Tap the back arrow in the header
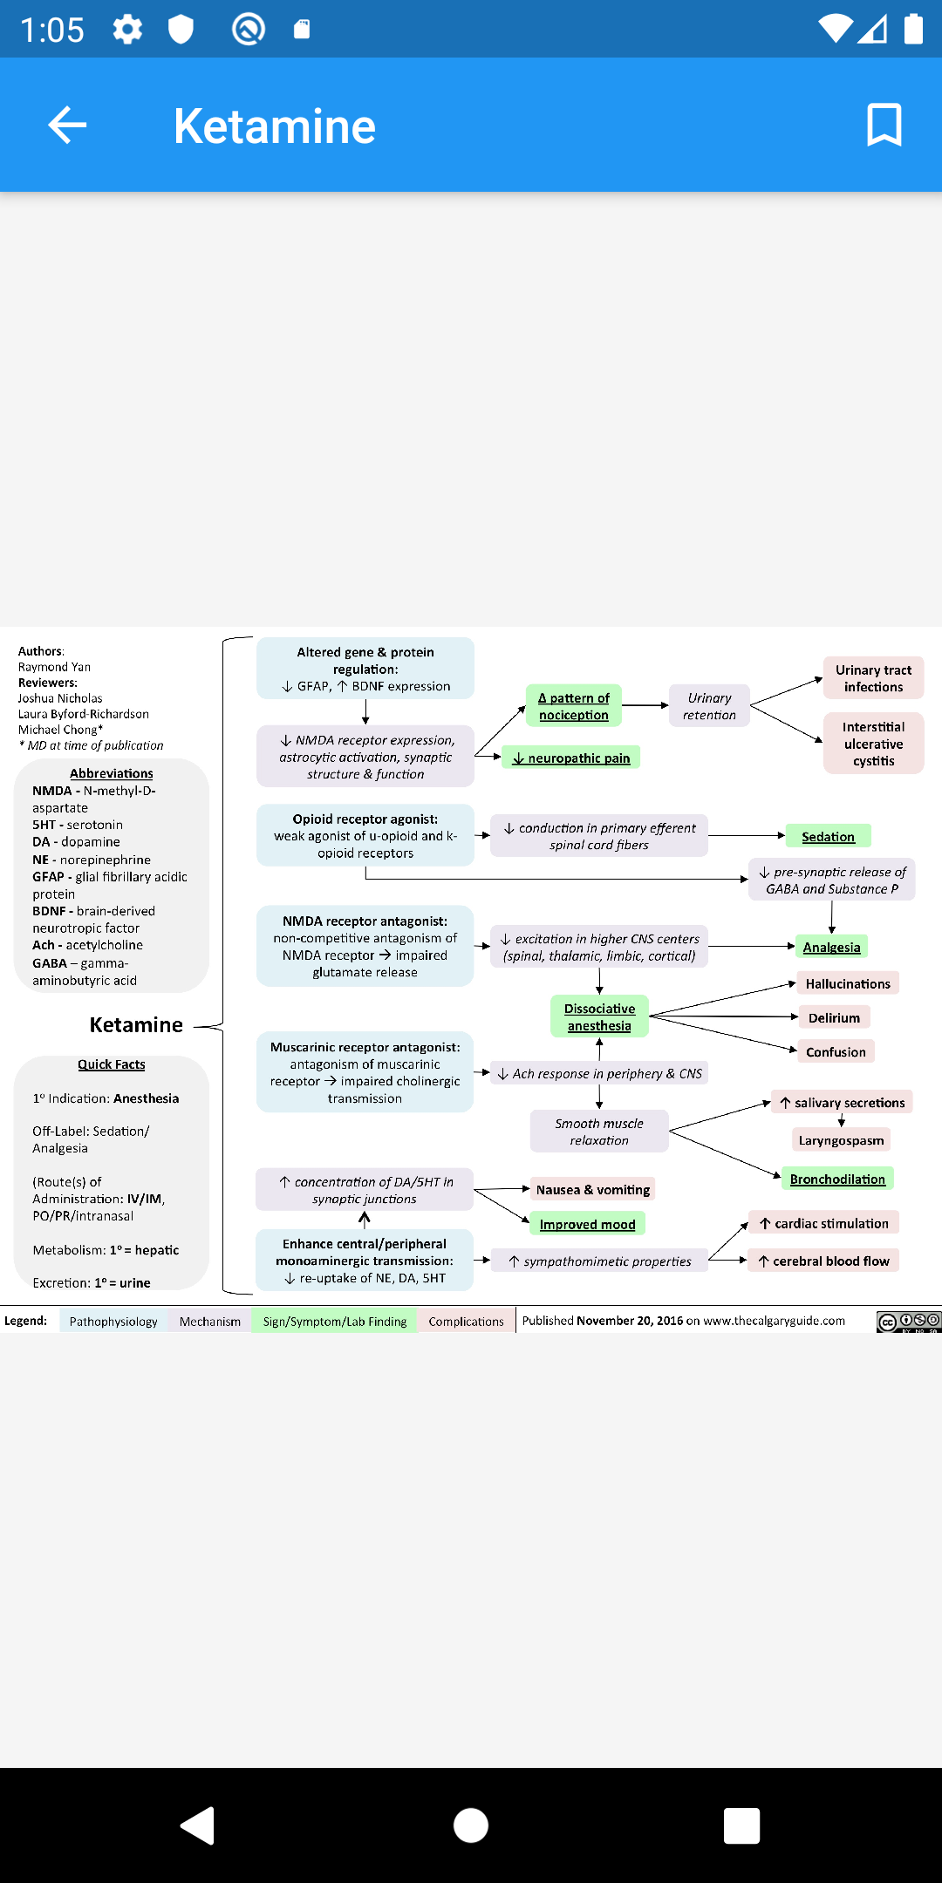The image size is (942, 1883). [67, 125]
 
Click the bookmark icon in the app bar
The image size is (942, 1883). [884, 125]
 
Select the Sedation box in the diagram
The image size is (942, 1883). [829, 836]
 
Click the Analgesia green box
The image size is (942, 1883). [832, 947]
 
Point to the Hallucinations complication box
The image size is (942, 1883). [848, 983]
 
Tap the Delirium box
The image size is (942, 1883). [835, 1017]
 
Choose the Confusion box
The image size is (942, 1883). [836, 1051]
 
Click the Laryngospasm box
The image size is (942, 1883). [842, 1139]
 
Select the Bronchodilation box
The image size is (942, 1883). [837, 1179]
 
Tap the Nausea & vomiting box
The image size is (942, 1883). [593, 1189]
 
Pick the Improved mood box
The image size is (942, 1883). [588, 1224]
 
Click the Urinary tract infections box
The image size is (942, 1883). [873, 678]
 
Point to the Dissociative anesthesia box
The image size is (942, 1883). [599, 1016]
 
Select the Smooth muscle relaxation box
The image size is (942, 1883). [599, 1132]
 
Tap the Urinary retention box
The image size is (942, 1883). [709, 706]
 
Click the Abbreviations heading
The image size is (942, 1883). [112, 773]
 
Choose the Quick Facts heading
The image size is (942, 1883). [112, 1064]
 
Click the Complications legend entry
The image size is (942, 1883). [467, 1321]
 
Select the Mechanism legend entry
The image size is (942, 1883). [210, 1321]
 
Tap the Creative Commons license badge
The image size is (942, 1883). [909, 1322]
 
